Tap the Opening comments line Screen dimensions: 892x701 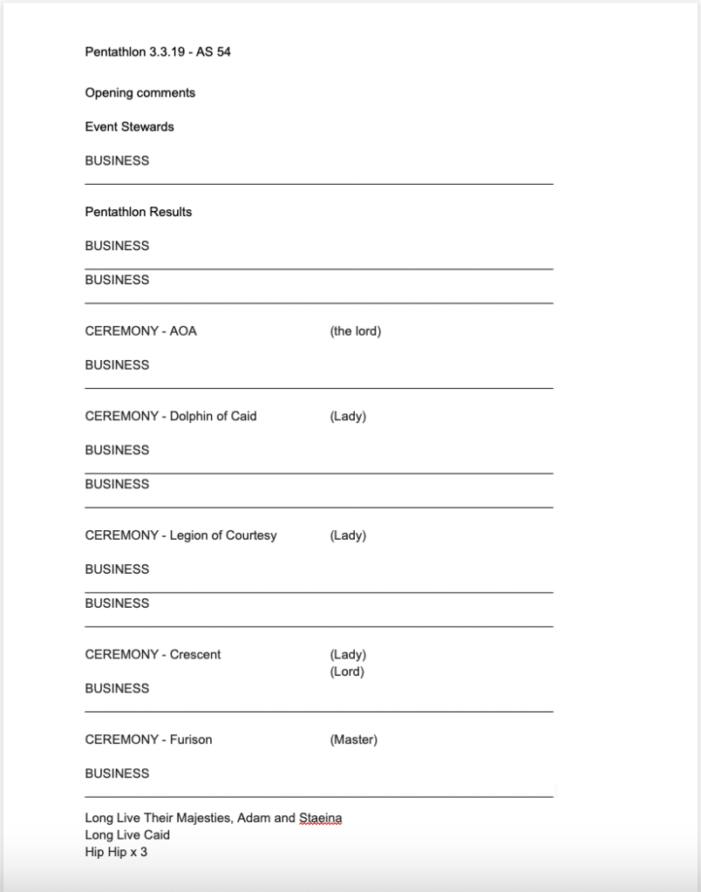pyautogui.click(x=140, y=92)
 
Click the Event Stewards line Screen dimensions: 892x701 pyautogui.click(x=129, y=126)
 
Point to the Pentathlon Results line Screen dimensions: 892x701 pyautogui.click(x=138, y=212)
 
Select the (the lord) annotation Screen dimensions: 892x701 pyautogui.click(x=355, y=331)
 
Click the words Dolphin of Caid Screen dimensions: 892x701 pyautogui.click(x=213, y=416)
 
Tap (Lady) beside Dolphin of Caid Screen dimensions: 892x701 pyautogui.click(x=347, y=416)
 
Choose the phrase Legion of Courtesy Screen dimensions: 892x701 pyautogui.click(x=223, y=535)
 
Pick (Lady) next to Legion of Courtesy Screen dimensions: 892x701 pyautogui.click(x=347, y=535)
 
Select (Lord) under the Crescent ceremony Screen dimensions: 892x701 pyautogui.click(x=346, y=671)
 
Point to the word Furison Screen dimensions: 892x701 pyautogui.click(x=191, y=739)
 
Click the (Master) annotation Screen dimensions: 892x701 pyautogui.click(x=353, y=739)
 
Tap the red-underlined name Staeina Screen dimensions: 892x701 pyautogui.click(x=320, y=819)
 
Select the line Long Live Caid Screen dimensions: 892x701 pyautogui.click(x=127, y=835)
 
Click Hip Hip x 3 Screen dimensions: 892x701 pyautogui.click(x=116, y=852)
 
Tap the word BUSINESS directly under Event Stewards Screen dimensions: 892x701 pyautogui.click(x=117, y=160)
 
